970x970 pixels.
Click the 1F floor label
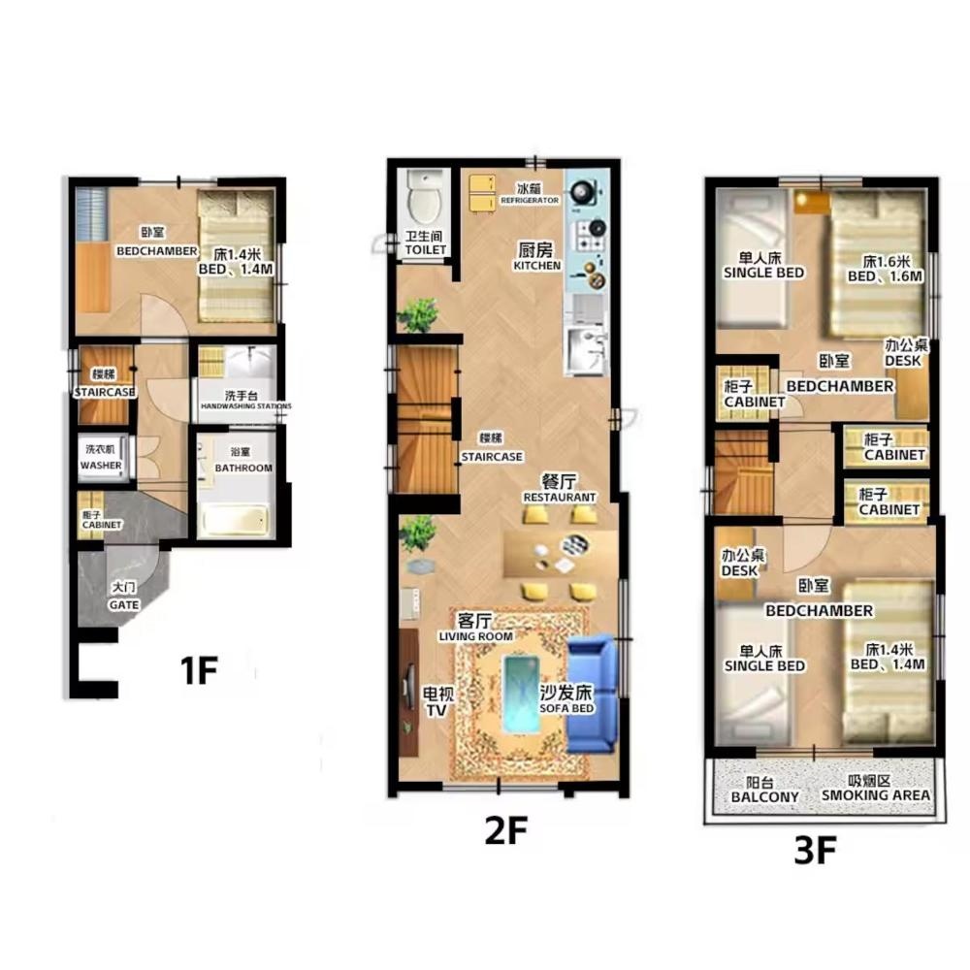coord(199,669)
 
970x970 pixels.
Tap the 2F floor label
coord(505,830)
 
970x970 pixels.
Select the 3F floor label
coord(815,851)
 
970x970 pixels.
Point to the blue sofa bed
coord(592,695)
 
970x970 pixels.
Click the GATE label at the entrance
coord(124,605)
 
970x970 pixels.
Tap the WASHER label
coord(101,466)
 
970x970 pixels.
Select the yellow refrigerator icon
coord(482,194)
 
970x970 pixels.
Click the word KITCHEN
coord(537,266)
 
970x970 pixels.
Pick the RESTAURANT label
coord(560,498)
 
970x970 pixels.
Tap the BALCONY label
coord(764,796)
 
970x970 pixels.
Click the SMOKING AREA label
coord(875,795)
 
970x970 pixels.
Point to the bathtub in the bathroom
coord(235,520)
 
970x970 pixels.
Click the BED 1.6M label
coord(886,276)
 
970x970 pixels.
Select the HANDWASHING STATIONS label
coord(245,406)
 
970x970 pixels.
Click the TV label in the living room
coord(436,710)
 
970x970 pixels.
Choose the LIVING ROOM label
coord(475,636)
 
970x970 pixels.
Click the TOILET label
coord(425,250)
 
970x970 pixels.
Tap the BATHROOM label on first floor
coord(243,469)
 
